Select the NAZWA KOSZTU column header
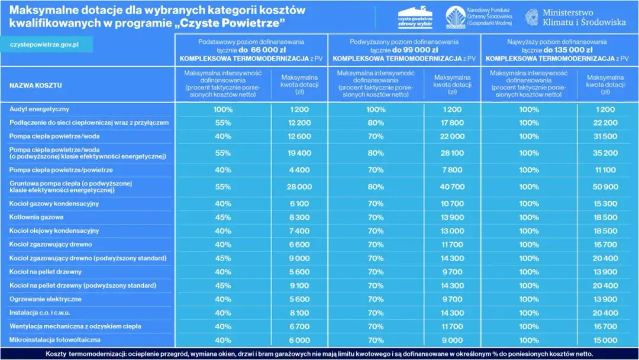click(35, 85)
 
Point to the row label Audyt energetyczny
click(39, 109)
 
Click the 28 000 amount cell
click(299, 187)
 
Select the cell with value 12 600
click(299, 136)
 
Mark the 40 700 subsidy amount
click(452, 187)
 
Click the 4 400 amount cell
click(299, 170)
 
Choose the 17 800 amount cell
click(452, 123)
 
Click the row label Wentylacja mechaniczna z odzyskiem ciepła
click(75, 326)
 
